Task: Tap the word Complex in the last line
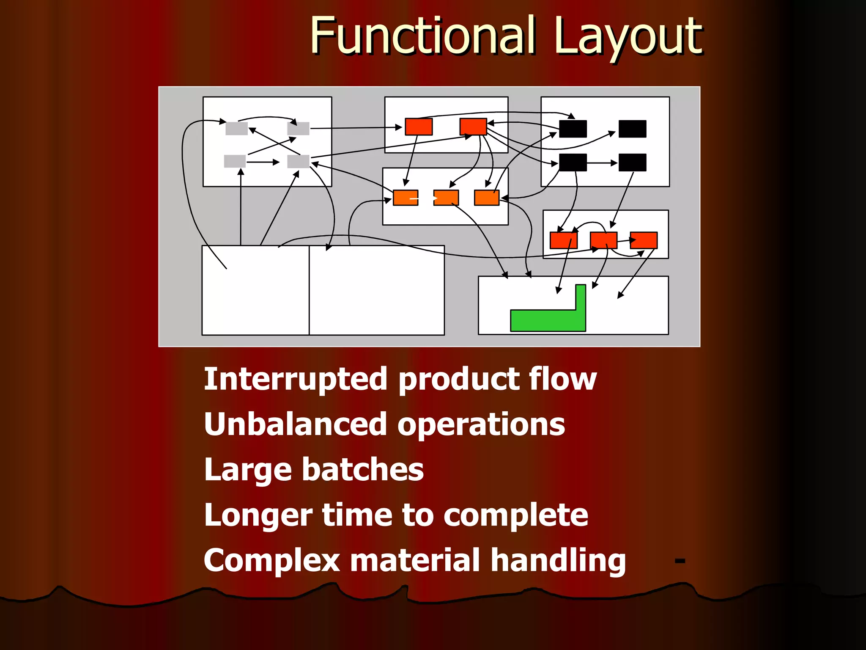tap(271, 560)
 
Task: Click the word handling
tap(558, 560)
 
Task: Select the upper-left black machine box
tap(573, 129)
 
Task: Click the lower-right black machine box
tap(632, 162)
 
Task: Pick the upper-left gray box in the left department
tap(236, 128)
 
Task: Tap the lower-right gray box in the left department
tap(298, 161)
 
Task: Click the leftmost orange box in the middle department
tap(405, 198)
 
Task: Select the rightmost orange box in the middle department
tap(486, 198)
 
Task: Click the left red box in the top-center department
tap(419, 127)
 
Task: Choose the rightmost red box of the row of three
tap(644, 240)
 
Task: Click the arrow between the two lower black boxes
tap(603, 163)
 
